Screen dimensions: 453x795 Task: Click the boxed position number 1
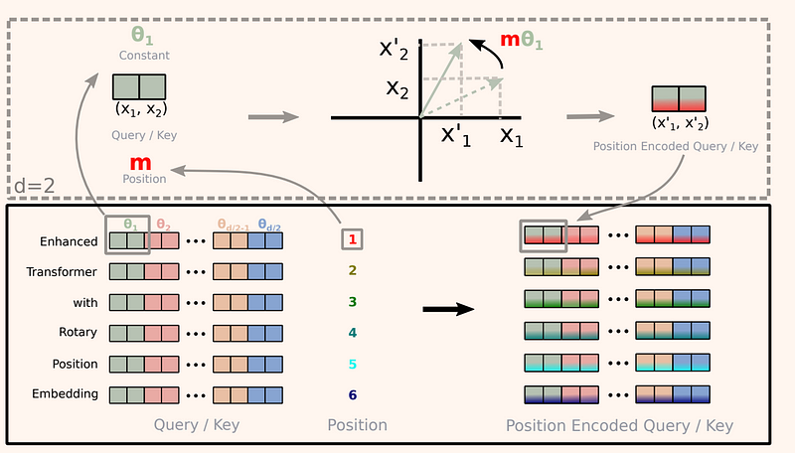tap(352, 239)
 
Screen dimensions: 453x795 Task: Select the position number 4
tap(352, 332)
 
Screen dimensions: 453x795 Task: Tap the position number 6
tap(352, 393)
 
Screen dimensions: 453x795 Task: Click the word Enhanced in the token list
tap(70, 241)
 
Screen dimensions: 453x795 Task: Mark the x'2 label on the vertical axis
tap(397, 49)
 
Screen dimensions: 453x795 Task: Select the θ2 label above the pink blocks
tap(165, 225)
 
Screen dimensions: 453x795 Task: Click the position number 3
tap(352, 301)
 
